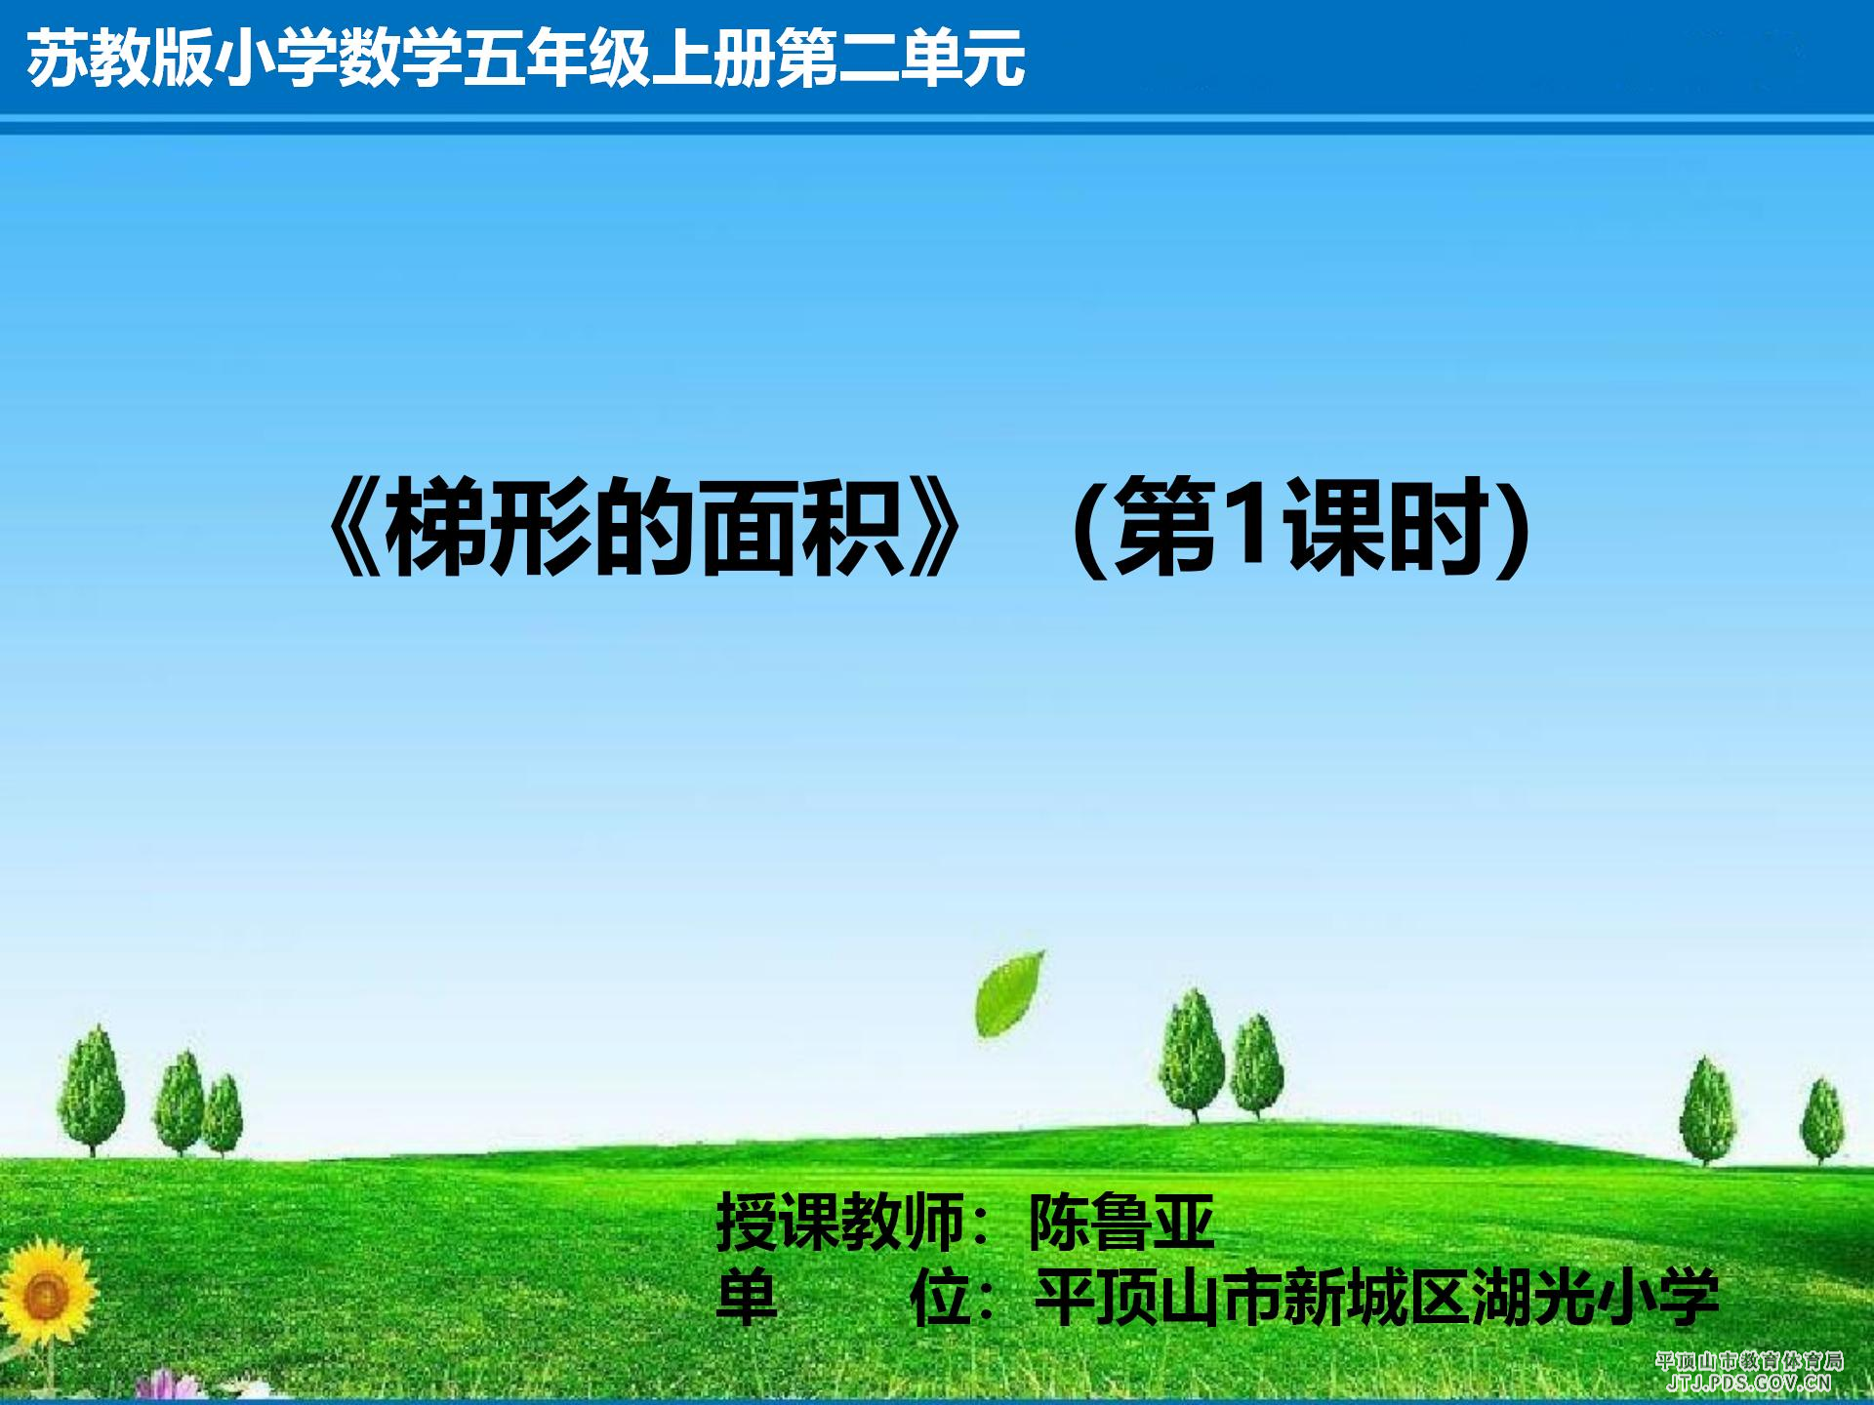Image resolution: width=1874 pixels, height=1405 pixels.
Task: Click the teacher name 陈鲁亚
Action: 1122,1222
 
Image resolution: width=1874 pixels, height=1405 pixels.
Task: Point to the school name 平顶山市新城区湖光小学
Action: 1377,1298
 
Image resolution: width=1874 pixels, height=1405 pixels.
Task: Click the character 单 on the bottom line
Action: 747,1298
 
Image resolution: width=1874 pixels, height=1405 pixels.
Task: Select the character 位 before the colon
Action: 940,1298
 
